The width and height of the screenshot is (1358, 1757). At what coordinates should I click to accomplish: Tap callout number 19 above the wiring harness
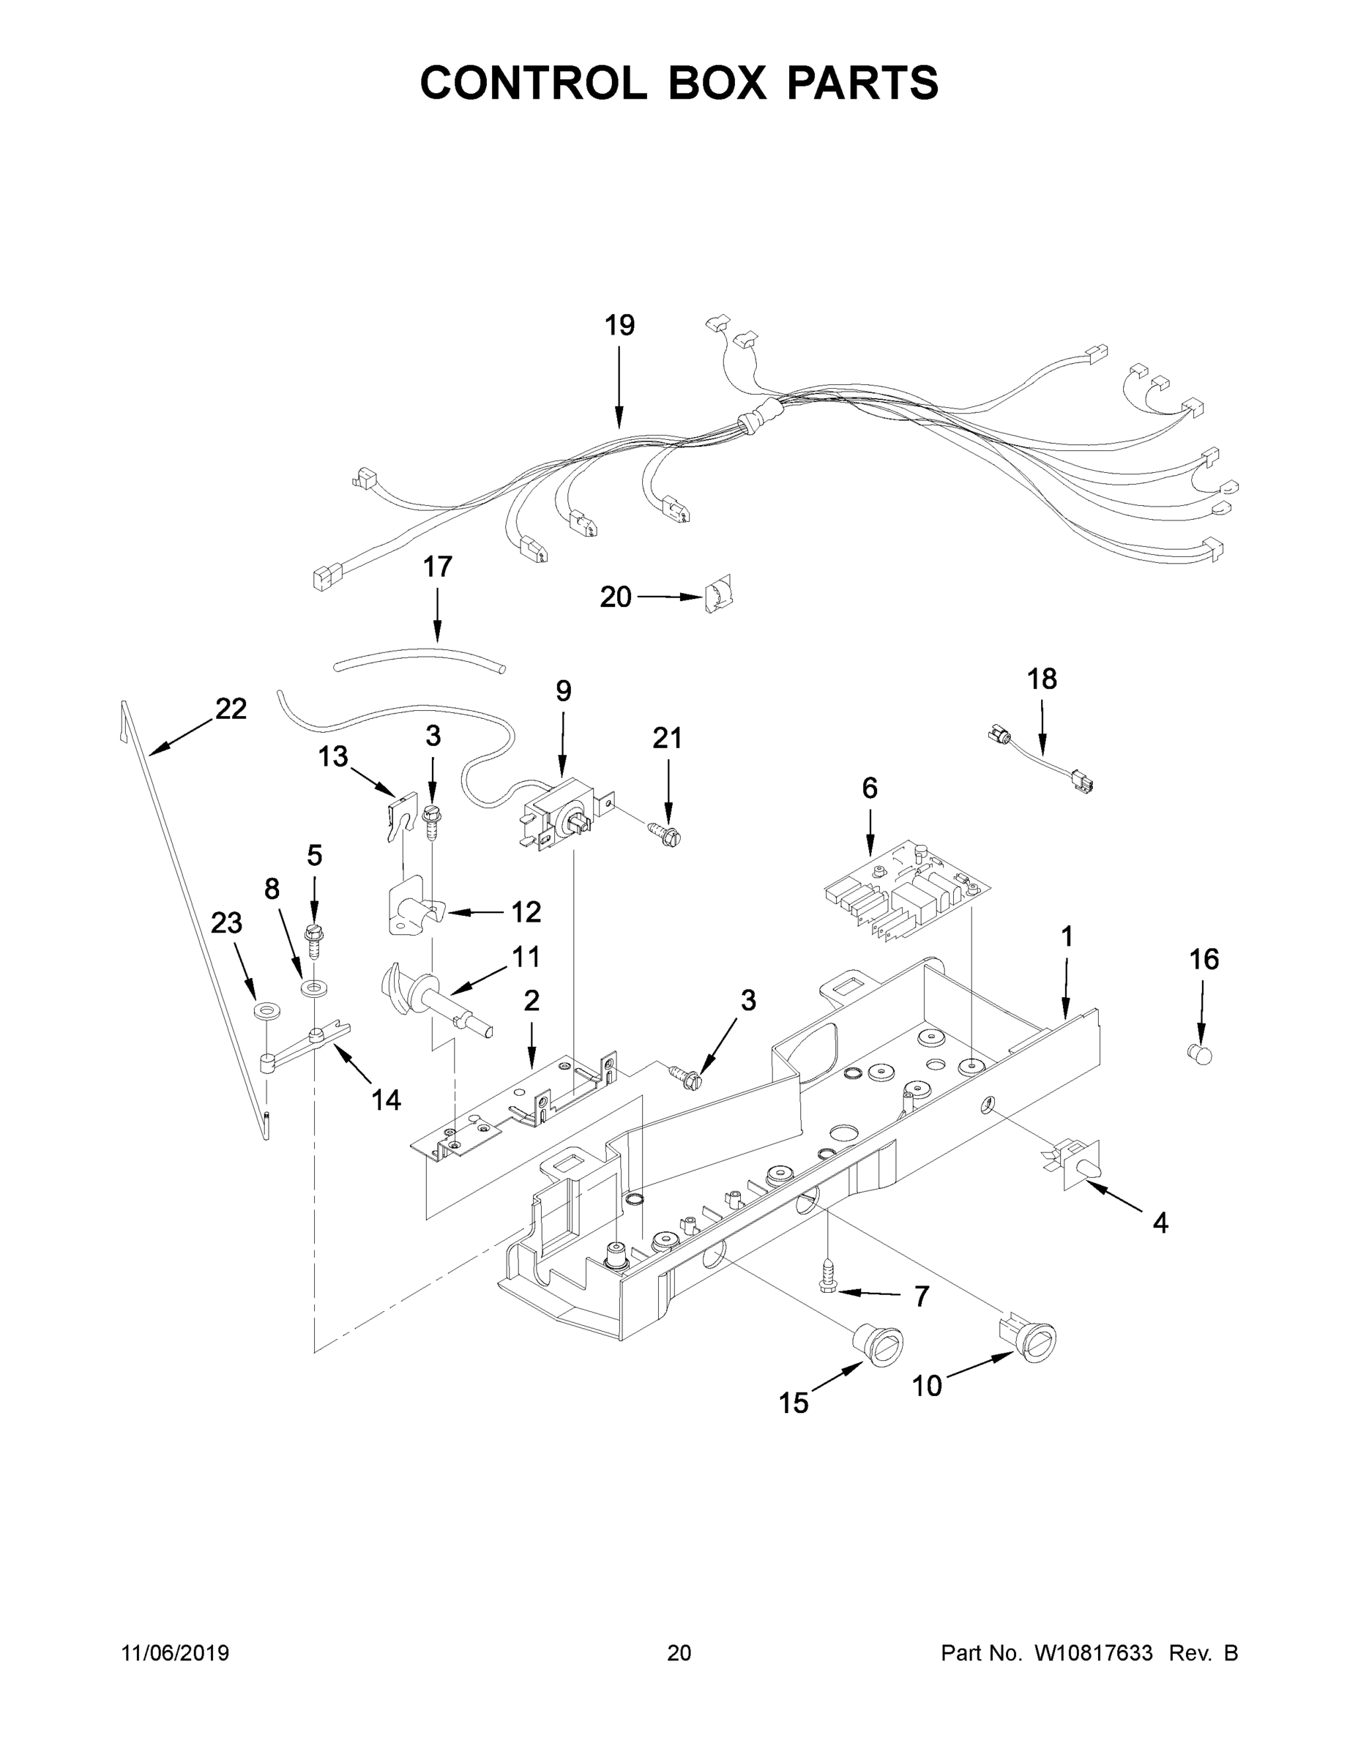click(x=619, y=326)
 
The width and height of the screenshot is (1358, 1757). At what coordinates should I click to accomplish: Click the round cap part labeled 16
click(x=1200, y=1052)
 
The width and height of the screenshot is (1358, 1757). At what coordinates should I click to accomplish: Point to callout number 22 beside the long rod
click(x=231, y=709)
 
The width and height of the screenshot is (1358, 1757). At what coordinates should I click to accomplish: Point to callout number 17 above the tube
click(x=438, y=567)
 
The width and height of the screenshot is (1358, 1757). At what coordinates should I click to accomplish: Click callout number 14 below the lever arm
click(x=386, y=1100)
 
